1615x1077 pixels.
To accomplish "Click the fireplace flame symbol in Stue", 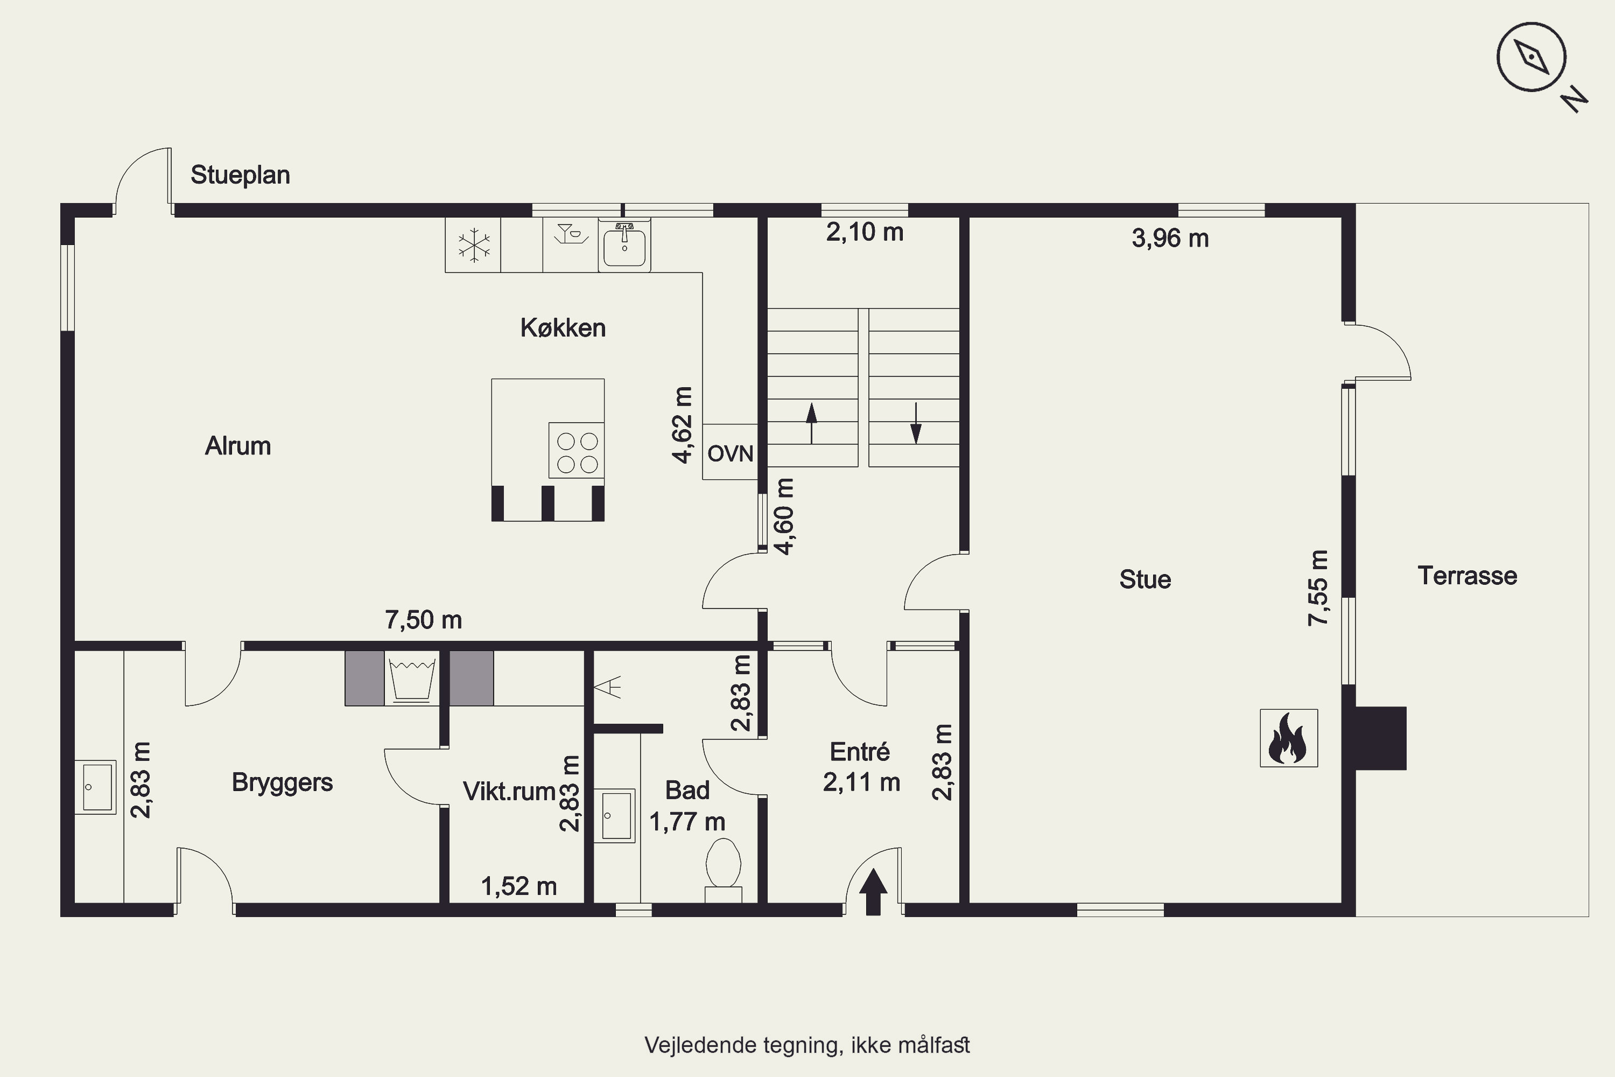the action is [x=1288, y=738].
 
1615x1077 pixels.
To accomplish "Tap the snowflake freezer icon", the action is [x=474, y=245].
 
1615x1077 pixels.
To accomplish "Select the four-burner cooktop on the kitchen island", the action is [x=577, y=451].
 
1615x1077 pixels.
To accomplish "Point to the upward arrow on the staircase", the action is [x=812, y=423].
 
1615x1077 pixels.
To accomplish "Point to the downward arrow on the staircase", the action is [x=915, y=423].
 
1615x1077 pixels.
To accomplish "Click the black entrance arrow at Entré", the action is [x=873, y=892].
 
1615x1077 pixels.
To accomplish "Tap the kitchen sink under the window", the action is [x=624, y=244].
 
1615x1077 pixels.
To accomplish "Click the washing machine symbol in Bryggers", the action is [x=411, y=679].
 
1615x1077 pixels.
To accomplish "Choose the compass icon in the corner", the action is [x=1531, y=57].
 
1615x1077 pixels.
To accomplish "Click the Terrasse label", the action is [x=1467, y=576].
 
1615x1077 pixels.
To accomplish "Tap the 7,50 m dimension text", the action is [x=424, y=620].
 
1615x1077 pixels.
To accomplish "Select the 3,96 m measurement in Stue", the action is [x=1170, y=239].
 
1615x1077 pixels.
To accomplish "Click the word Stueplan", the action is [x=240, y=175].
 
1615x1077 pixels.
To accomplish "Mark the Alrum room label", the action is [x=238, y=446].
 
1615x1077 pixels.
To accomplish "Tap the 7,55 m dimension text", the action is [x=1318, y=588].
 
